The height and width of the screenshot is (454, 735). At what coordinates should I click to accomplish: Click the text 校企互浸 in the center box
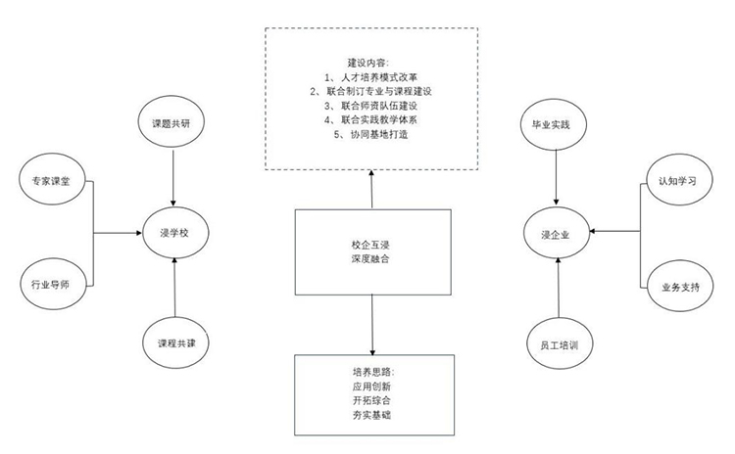point(370,245)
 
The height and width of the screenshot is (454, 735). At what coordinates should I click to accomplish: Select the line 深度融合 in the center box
point(370,259)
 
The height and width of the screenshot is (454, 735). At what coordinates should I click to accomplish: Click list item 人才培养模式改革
point(379,77)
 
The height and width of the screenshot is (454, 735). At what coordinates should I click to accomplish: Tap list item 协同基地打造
point(379,134)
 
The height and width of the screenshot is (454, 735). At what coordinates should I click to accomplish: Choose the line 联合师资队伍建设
point(379,106)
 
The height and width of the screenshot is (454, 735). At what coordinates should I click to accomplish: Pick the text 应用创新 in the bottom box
point(371,386)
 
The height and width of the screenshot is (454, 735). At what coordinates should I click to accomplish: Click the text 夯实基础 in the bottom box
point(371,415)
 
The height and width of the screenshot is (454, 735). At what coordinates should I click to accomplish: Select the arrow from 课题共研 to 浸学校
point(173,178)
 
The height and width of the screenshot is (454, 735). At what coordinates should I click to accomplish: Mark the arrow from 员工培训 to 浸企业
point(559,289)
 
